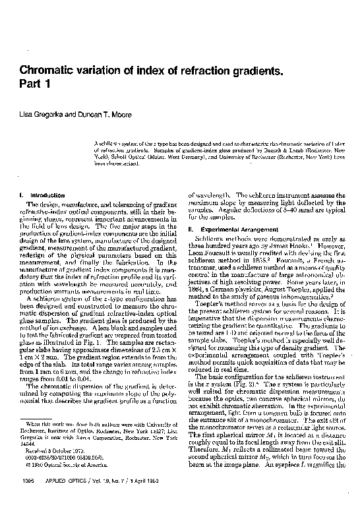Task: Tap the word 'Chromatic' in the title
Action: click(51, 69)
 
